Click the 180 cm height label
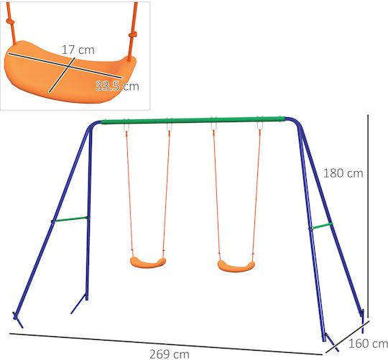[343, 173]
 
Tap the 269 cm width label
[170, 354]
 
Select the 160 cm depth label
[368, 343]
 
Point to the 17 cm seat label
[78, 50]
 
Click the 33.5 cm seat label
[117, 86]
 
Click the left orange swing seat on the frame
[148, 263]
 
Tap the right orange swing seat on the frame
[236, 267]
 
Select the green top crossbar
[193, 120]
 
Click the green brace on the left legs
[70, 219]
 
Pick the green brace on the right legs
[322, 226]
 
